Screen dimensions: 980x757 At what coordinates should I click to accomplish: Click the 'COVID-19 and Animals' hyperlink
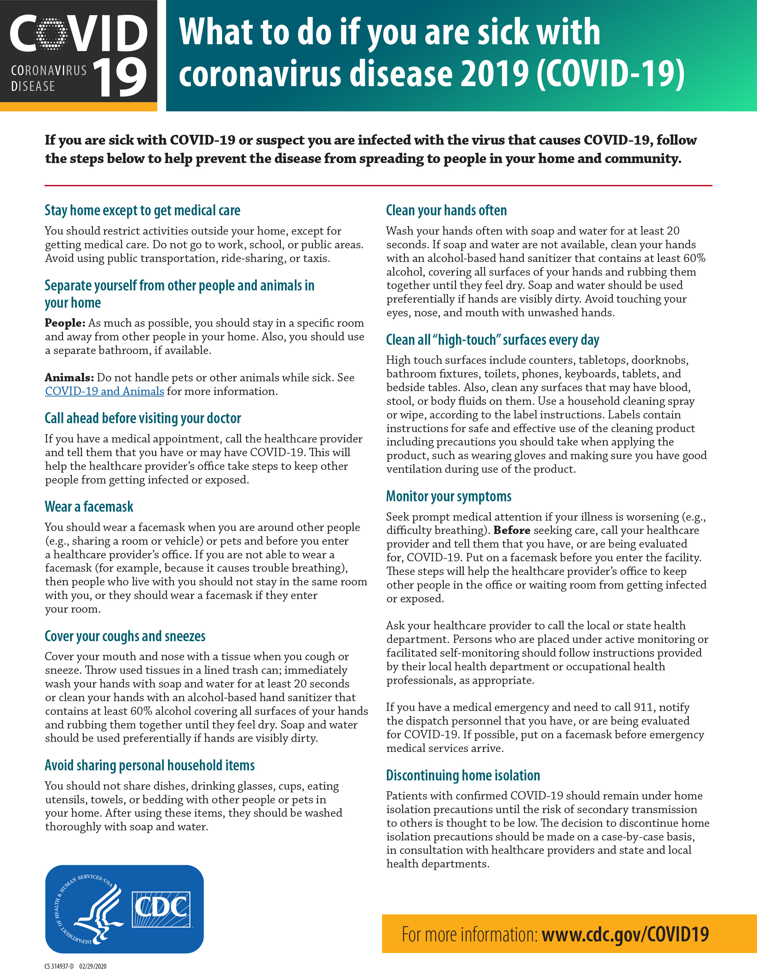[x=104, y=391]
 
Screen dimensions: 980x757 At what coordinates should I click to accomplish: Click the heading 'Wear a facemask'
[x=89, y=507]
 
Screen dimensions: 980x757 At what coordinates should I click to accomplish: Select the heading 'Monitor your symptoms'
[x=449, y=496]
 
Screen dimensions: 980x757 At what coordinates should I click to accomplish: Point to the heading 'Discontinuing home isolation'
[x=463, y=775]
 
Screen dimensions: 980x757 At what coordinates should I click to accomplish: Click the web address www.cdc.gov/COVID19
[x=625, y=934]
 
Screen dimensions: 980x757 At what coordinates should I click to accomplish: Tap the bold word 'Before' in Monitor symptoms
[x=512, y=530]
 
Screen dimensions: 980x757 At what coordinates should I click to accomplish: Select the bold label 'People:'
[x=65, y=323]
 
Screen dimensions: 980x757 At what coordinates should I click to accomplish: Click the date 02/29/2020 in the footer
[x=93, y=966]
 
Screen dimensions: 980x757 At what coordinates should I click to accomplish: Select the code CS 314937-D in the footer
[x=59, y=966]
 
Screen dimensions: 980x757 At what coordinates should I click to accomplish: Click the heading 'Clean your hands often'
[x=446, y=211]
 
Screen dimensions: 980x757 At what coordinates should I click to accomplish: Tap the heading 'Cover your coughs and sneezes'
[x=125, y=636]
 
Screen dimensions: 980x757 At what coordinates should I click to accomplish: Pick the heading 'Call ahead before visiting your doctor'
[x=142, y=418]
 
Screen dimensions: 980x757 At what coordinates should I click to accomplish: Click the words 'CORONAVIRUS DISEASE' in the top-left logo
[x=48, y=78]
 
